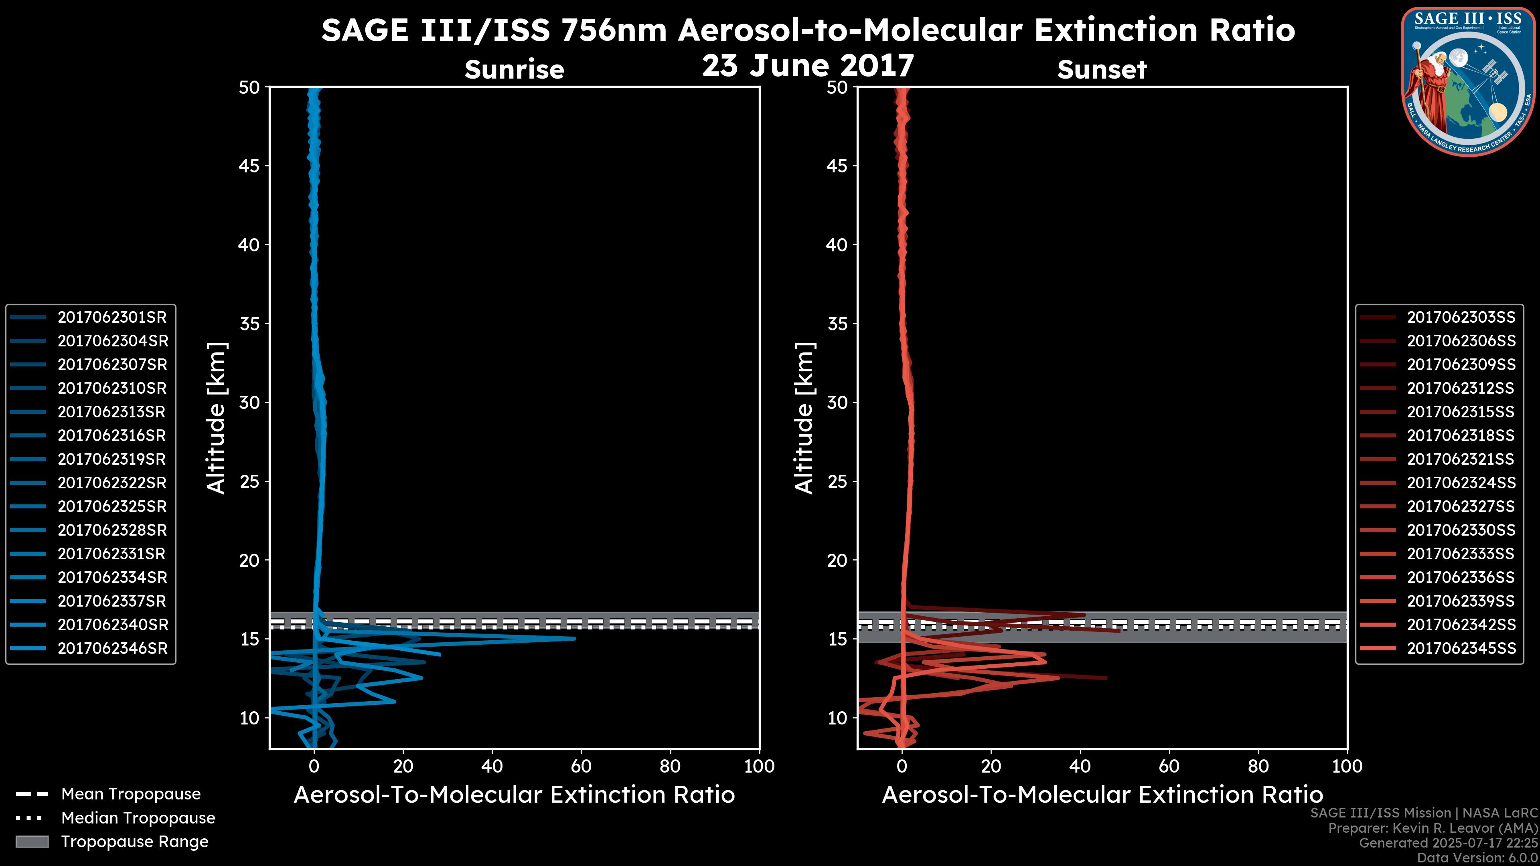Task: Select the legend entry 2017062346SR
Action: pyautogui.click(x=112, y=648)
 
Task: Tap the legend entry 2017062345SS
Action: pyautogui.click(x=1461, y=648)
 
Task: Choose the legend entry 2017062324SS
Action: pyautogui.click(x=1461, y=483)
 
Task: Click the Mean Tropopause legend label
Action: pyautogui.click(x=131, y=794)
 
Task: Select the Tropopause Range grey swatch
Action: pyautogui.click(x=32, y=842)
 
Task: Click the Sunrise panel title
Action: pyautogui.click(x=514, y=70)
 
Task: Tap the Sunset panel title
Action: pyautogui.click(x=1102, y=70)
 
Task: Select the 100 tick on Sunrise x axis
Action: pyautogui.click(x=759, y=766)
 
